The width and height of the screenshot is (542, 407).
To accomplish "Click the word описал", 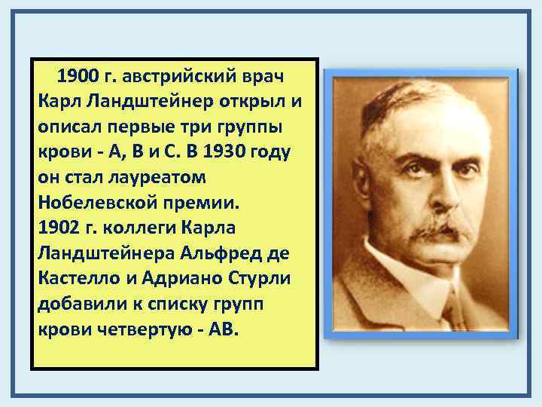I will [x=72, y=127].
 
